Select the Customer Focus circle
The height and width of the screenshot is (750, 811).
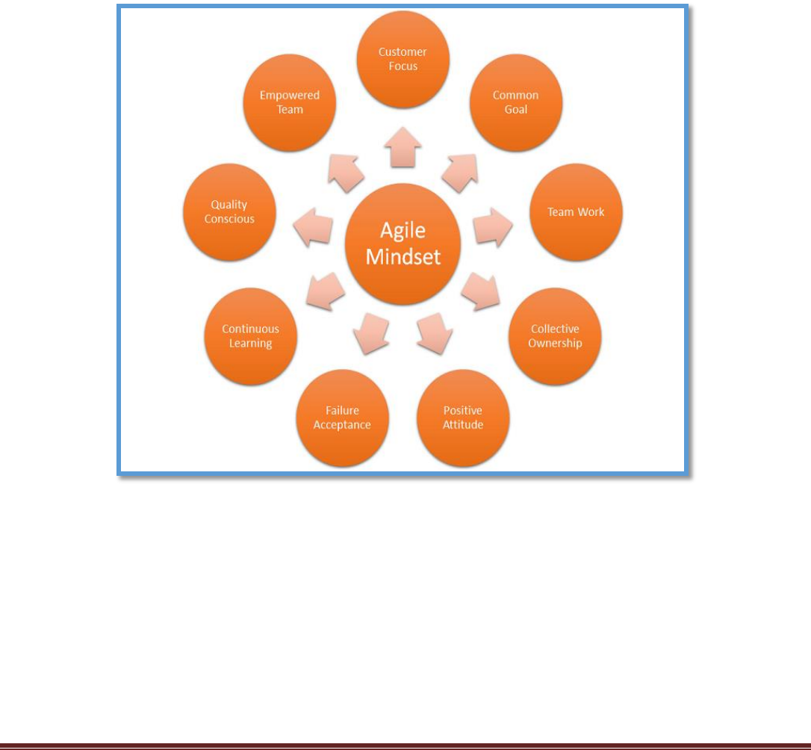point(403,59)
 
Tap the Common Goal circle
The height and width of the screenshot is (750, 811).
point(515,102)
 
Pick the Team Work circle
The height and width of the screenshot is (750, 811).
point(576,212)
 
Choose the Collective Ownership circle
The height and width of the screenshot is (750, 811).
point(554,336)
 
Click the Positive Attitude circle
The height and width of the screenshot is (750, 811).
point(463,418)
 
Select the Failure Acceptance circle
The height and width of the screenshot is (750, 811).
point(342,418)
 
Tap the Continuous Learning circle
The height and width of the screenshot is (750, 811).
point(250,336)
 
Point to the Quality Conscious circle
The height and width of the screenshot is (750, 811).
point(229,212)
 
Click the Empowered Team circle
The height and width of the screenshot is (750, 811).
point(290,102)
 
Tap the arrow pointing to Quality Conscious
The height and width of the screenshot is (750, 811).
point(313,228)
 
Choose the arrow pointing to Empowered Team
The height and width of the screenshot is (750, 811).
point(346,172)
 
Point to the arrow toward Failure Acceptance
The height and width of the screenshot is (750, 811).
point(370,332)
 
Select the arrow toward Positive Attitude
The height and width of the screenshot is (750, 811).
point(434,332)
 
